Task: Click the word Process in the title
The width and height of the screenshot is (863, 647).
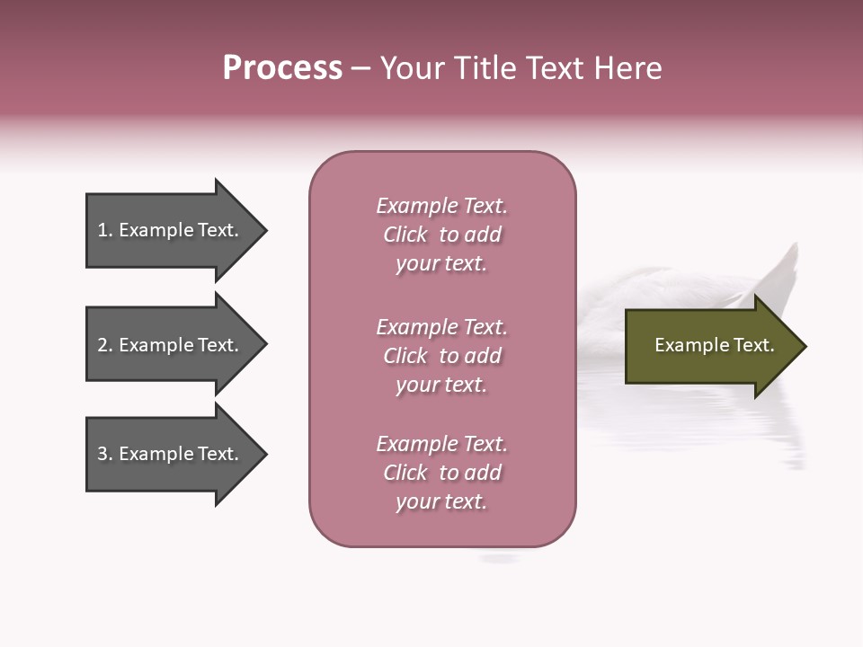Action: tap(282, 68)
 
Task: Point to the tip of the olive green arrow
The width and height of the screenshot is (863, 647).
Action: tap(804, 346)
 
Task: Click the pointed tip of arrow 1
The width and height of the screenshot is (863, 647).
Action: tap(264, 231)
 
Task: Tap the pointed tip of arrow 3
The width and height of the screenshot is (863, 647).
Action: tap(264, 454)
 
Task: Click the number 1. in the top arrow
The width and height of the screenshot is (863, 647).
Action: tap(104, 230)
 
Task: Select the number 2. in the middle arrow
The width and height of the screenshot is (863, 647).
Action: tap(104, 345)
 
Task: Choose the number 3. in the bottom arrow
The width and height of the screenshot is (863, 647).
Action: tap(104, 454)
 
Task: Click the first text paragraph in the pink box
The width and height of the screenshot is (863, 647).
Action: tap(441, 235)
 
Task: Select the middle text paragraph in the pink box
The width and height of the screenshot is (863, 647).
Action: tap(441, 356)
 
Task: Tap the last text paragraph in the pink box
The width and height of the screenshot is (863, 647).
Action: tap(441, 473)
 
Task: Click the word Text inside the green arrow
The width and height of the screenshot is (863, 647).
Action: tap(753, 345)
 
